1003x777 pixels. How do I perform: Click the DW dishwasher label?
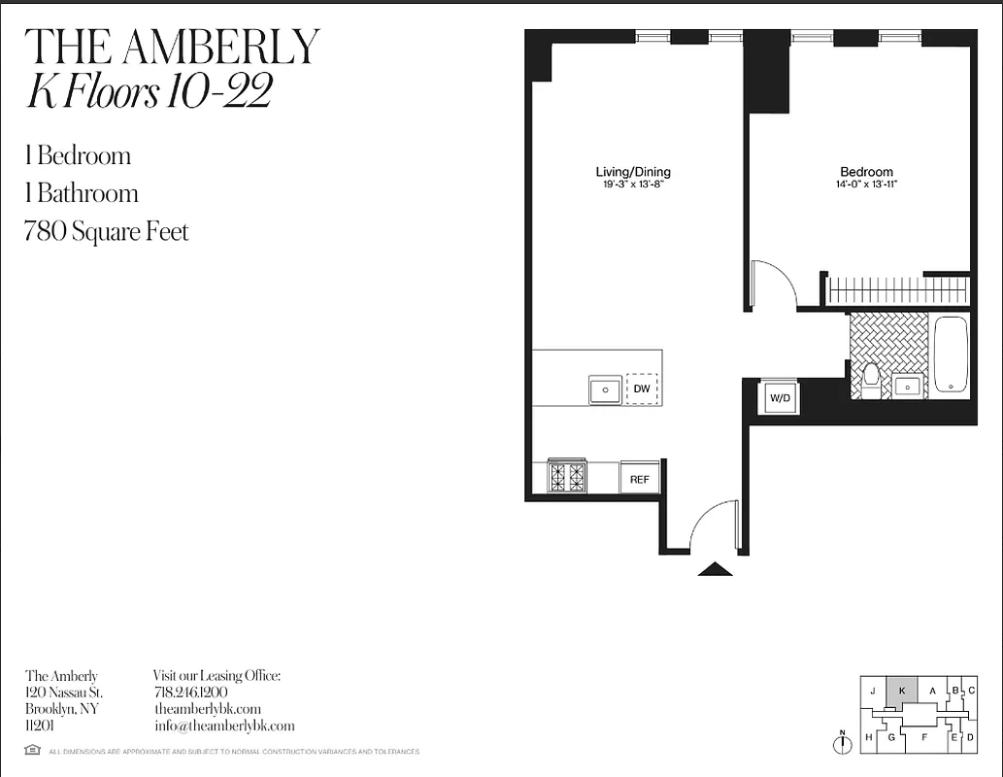[642, 389]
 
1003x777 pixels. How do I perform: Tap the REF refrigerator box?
[639, 479]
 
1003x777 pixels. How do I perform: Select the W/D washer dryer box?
[780, 398]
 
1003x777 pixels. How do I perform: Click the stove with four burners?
[567, 476]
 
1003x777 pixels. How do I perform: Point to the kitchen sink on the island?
[605, 389]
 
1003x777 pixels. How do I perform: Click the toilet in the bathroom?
[870, 380]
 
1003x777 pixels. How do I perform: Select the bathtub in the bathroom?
[952, 355]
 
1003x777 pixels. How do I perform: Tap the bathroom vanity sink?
[908, 387]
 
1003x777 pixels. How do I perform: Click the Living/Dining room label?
[633, 172]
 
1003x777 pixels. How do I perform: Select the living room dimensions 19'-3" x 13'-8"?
[633, 184]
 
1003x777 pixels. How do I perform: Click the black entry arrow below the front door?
[716, 569]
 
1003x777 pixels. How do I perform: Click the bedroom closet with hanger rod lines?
[897, 290]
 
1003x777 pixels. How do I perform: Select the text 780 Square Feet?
[107, 232]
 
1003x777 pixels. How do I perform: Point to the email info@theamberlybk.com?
[224, 726]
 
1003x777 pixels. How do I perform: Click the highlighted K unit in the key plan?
[902, 691]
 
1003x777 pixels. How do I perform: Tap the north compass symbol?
[842, 743]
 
